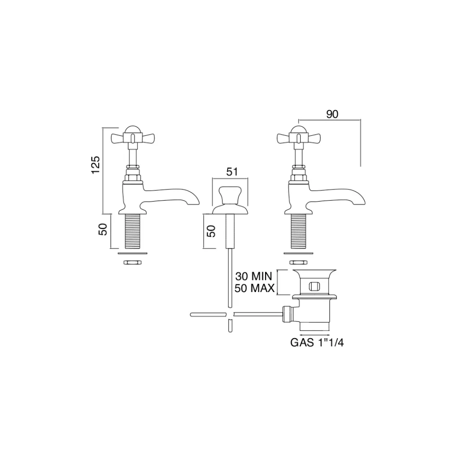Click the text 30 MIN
[254, 277]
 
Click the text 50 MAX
[254, 288]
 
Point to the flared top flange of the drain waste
[314, 274]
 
